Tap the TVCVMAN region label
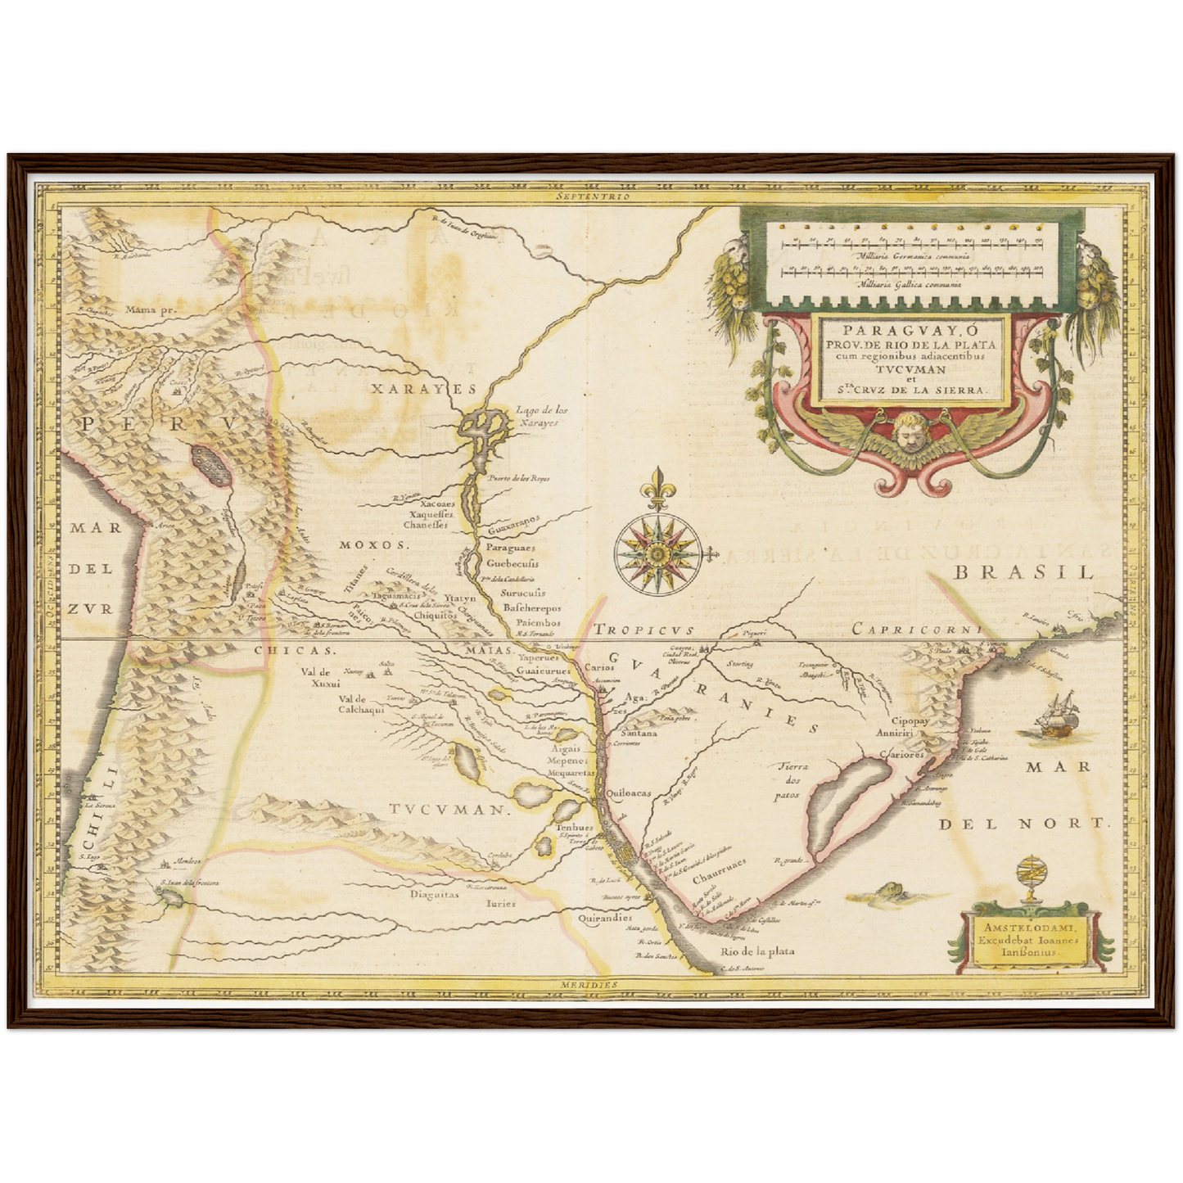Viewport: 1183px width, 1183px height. click(445, 810)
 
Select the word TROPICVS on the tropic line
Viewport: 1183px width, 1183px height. click(644, 630)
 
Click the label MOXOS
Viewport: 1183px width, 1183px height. click(373, 544)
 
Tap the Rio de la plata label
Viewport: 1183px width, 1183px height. click(756, 952)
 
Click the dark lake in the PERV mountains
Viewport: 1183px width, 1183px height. click(210, 465)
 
